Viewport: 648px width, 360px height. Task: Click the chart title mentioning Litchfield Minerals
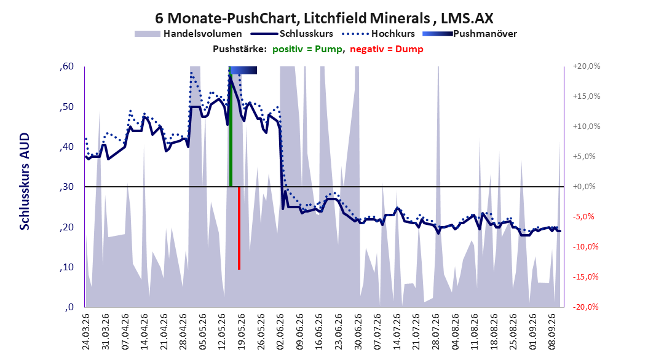[324, 18]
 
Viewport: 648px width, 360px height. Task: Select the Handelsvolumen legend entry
[188, 34]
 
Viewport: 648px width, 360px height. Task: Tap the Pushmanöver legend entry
[470, 34]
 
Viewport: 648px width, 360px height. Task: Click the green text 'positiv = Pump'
[307, 49]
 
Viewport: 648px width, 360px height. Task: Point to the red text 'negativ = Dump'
[387, 49]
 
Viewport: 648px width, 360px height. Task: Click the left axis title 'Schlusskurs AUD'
[25, 181]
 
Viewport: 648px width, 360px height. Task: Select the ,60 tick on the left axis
[66, 66]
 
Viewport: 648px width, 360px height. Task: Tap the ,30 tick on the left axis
[66, 187]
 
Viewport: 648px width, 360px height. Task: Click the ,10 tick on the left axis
[66, 267]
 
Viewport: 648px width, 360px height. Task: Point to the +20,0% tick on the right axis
[587, 66]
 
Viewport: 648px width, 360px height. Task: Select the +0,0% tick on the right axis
[584, 187]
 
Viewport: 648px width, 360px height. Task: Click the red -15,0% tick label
[585, 276]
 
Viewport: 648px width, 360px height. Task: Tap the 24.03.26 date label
[86, 332]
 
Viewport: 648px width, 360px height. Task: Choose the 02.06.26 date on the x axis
[280, 332]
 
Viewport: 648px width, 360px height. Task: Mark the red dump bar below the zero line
[239, 228]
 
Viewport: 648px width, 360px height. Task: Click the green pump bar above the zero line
[231, 127]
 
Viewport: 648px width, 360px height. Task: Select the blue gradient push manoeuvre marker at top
[243, 70]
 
